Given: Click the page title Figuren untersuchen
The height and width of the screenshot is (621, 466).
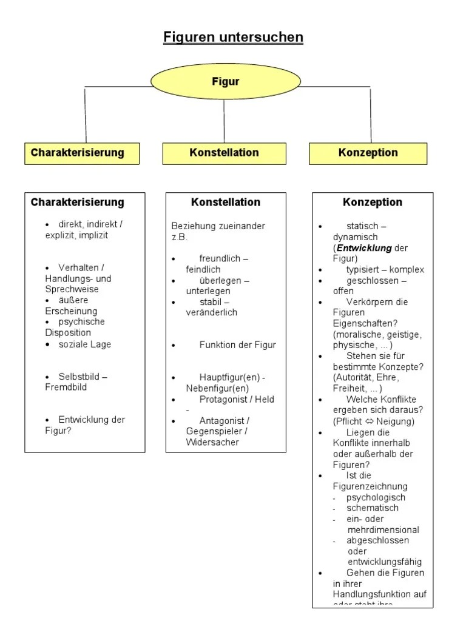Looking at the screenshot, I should pos(233,38).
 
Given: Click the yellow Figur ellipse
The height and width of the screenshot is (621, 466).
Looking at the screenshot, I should pos(225,81).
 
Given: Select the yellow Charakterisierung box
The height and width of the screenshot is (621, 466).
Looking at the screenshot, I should pos(82,153).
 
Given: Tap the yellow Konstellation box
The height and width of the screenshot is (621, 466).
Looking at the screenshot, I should pos(224,153).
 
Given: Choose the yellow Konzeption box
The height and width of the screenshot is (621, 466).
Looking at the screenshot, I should pos(368,153).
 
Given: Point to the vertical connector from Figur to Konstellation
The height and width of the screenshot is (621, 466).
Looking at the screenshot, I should pos(225,120).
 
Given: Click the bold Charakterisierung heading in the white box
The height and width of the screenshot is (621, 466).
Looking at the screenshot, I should pos(77,202).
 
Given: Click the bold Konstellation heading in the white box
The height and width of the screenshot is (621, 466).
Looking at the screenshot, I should pos(226,202).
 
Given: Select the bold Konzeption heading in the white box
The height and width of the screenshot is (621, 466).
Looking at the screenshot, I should pos(373,202).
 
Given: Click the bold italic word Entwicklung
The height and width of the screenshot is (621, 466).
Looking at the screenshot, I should pos(364,248).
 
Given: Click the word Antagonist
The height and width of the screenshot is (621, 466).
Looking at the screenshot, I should pos(221,420).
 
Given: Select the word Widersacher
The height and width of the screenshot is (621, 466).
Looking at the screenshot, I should pos(212,442).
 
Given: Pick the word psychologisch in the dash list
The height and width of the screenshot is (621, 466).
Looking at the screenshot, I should pos(376,497).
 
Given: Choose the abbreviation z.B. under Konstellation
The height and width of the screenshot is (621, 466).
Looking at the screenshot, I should pos(180,237).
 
